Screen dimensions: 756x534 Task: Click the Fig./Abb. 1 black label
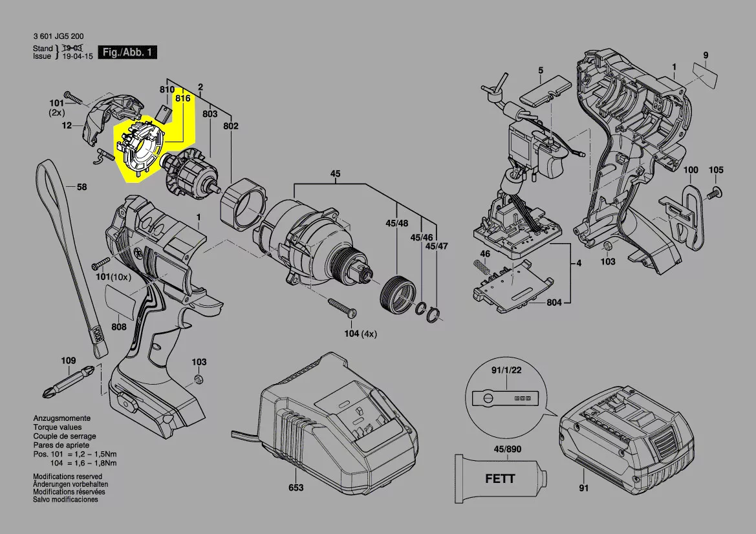pos(127,52)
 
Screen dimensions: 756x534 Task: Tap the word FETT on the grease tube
pos(500,478)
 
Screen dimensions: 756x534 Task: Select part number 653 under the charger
pos(296,487)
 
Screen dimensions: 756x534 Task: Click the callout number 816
pos(183,98)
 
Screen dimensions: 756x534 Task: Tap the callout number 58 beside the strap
pos(82,187)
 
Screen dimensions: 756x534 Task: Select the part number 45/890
pos(507,449)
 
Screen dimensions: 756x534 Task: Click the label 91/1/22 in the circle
pos(506,370)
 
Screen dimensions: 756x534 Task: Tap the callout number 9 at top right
pos(706,56)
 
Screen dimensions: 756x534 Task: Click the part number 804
pos(554,302)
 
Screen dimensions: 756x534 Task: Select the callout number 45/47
pos(437,246)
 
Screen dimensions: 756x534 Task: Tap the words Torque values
pos(58,427)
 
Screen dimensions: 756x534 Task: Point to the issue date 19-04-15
pos(78,56)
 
